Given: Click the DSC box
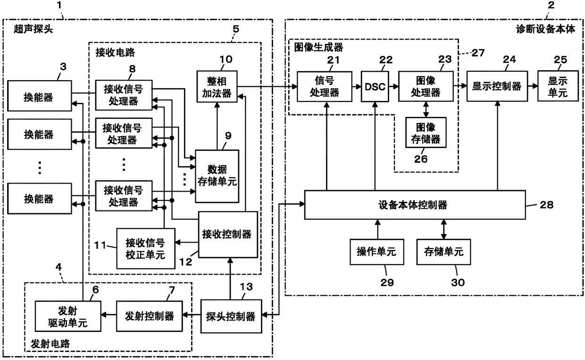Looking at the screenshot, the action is (375, 86).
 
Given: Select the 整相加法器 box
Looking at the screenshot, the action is (217, 86).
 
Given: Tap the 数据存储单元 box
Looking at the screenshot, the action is (217, 176).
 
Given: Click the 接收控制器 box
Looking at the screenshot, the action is (228, 234).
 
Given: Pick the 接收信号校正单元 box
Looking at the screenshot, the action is (146, 249).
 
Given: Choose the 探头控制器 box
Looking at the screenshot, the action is (231, 316).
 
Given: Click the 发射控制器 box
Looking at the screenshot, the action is (150, 316).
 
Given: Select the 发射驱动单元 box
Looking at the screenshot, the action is (68, 316).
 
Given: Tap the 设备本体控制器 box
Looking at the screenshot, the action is (415, 205).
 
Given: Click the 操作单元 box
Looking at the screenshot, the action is (377, 252).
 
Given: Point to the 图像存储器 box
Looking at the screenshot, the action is (426, 133).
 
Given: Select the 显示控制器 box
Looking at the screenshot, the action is (497, 86).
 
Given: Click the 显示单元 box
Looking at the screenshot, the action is (558, 86).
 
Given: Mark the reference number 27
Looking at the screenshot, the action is (478, 53).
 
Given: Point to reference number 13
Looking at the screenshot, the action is (246, 287).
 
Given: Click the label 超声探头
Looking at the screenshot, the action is (33, 29).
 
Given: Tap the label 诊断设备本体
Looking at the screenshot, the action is (545, 29).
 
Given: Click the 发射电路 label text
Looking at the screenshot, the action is (50, 344).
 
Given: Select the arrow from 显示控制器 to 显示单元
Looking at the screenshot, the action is (533, 86).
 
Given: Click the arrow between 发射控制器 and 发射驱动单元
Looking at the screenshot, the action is (109, 315).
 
